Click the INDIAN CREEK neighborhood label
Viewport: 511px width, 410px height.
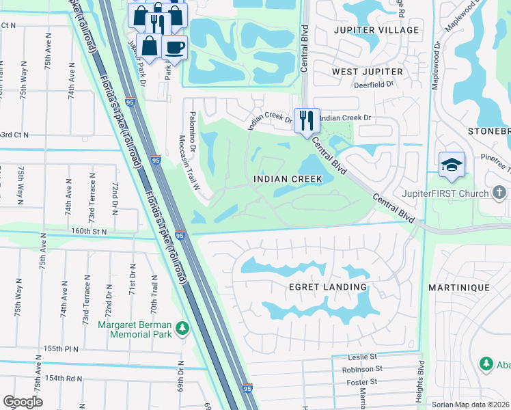coord(287,179)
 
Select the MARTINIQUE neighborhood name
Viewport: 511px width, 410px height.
coord(458,288)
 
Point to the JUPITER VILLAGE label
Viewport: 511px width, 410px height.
coord(376,30)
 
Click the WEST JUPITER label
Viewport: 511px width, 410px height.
coord(364,71)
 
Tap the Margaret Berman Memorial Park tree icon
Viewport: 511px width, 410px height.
coord(182,329)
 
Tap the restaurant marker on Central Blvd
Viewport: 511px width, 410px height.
coord(305,120)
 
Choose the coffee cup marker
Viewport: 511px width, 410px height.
coord(175,47)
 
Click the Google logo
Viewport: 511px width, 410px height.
coord(23,402)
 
